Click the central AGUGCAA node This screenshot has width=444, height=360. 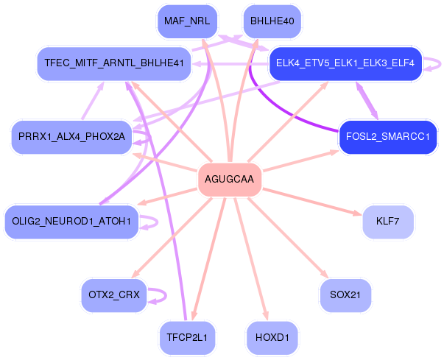coord(229,180)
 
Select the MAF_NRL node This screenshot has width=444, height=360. coord(187,21)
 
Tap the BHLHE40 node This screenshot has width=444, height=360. coord(272,21)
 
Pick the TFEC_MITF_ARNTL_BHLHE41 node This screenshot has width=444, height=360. coord(114,63)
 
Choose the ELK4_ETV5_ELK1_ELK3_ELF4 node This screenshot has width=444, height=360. coord(345,63)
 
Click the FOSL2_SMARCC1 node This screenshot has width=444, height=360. coord(388,137)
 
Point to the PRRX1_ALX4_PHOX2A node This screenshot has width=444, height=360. coord(71,137)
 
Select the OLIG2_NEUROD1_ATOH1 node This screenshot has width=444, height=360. coord(71,222)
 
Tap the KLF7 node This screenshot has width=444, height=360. coord(388,222)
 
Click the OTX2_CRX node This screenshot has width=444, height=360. coord(114,295)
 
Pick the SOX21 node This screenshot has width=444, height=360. coord(345,295)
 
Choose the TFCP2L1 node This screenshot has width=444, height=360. coord(187,338)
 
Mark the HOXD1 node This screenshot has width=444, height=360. coord(272,338)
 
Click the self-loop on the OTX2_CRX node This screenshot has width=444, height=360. coord(166,295)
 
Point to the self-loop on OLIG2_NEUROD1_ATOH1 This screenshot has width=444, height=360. coord(157,222)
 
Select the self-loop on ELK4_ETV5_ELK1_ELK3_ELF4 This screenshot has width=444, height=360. coord(440,63)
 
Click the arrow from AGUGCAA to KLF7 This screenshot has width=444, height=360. coord(312,202)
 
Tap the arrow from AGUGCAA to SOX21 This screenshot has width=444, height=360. coord(288,238)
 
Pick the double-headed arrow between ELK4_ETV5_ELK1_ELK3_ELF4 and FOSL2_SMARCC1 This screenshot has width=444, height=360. coord(367,100)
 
